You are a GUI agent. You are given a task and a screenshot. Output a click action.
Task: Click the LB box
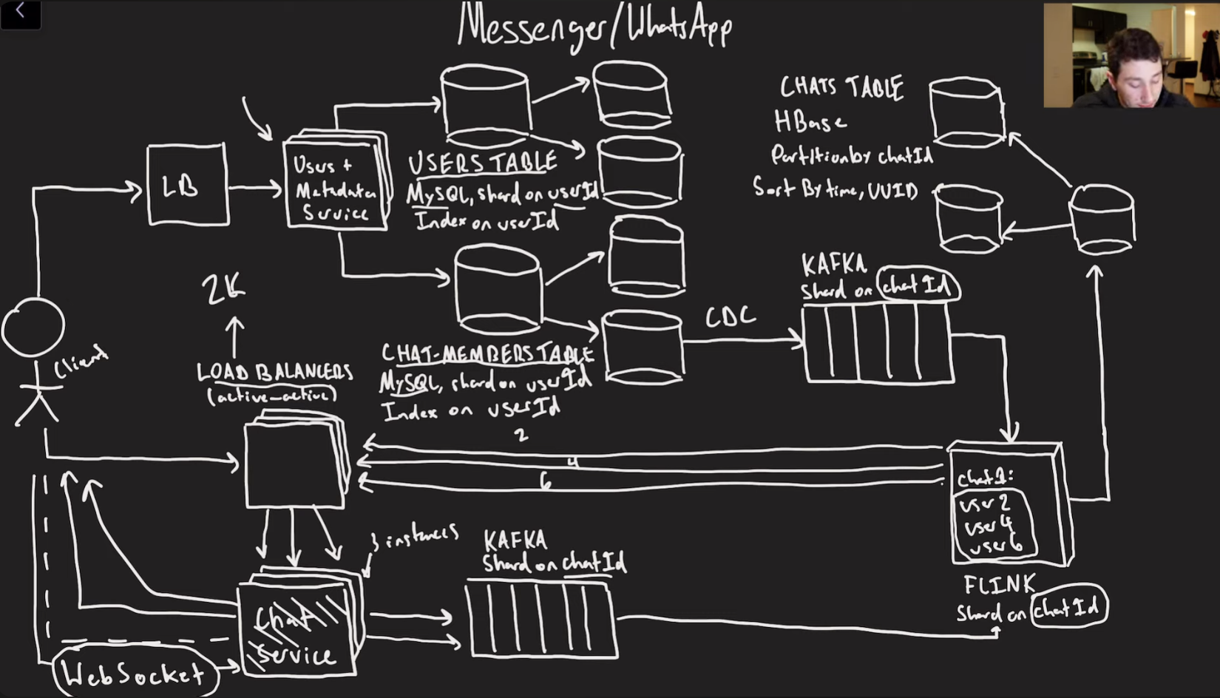point(187,185)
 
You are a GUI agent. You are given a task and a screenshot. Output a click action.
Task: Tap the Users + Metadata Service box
point(336,185)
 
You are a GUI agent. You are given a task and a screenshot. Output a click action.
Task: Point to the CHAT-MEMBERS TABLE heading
point(487,354)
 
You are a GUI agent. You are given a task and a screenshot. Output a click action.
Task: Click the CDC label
point(730,317)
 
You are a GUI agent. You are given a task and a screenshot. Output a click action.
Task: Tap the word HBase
point(810,121)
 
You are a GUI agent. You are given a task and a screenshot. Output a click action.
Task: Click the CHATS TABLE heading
point(841,88)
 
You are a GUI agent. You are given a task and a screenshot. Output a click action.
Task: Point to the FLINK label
point(999,585)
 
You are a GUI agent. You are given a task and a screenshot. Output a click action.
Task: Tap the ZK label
point(223,289)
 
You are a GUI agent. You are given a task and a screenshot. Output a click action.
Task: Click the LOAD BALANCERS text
point(274,372)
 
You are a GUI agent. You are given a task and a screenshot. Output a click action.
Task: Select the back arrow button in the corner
point(20,13)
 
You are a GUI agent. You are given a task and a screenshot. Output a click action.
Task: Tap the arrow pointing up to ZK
point(234,337)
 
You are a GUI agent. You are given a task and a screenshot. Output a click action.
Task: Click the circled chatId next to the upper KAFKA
point(917,285)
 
